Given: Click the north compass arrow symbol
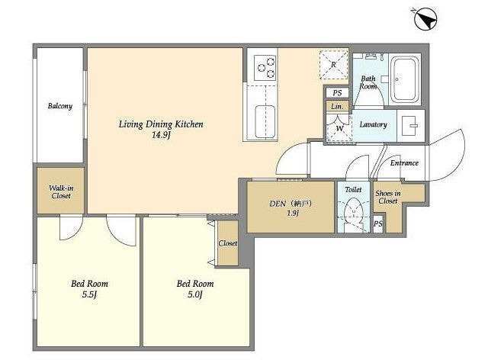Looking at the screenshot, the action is point(425,19).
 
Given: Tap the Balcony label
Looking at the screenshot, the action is point(60,106).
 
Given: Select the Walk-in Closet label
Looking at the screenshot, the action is point(61,192).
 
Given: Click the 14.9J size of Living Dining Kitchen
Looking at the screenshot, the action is point(161,135).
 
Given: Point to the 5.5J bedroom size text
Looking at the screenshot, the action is point(89,294).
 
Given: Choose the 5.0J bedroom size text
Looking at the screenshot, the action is point(195,294).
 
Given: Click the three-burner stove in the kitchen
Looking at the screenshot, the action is point(265,68).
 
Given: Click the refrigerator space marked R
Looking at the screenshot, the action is point(334,65).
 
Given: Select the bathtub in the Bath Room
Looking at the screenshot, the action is point(405,79).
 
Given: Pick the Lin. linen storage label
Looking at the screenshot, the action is point(337,107).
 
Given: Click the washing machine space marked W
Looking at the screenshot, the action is point(339,128).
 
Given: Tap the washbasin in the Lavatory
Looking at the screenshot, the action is point(409,126).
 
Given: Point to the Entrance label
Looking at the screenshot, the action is point(404,163).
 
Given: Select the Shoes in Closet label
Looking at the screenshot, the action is point(388,197).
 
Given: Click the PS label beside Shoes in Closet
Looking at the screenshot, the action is point(378,223).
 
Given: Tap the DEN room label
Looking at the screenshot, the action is point(278,204).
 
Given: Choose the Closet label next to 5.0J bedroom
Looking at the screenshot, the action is point(227,243).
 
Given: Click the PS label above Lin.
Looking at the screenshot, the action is point(337,93).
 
